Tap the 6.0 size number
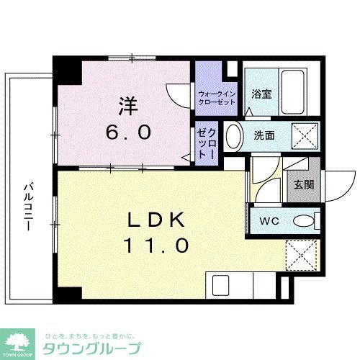[130, 132]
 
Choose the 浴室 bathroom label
[260, 93]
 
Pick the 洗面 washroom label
[262, 134]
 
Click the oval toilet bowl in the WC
[305, 221]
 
